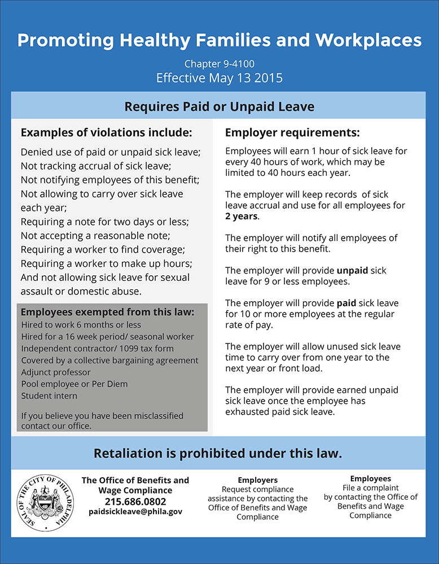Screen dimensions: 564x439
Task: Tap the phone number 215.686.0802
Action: pyautogui.click(x=135, y=501)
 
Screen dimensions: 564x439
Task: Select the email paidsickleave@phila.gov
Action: pyautogui.click(x=135, y=512)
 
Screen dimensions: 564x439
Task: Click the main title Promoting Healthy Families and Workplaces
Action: pyautogui.click(x=219, y=40)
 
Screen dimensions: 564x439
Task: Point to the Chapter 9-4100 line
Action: pyautogui.click(x=219, y=64)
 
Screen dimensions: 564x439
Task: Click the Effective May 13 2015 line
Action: pyautogui.click(x=219, y=77)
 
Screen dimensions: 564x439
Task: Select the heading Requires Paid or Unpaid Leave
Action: pyautogui.click(x=219, y=106)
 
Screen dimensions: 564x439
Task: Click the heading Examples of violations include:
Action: pyautogui.click(x=107, y=133)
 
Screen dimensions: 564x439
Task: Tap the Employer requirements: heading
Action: pyautogui.click(x=292, y=133)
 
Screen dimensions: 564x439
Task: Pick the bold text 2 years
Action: pyautogui.click(x=242, y=216)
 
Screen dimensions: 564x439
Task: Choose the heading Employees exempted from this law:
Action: pyautogui.click(x=107, y=312)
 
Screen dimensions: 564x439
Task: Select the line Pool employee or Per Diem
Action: pyautogui.click(x=74, y=384)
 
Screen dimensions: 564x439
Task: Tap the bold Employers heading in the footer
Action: pyautogui.click(x=257, y=480)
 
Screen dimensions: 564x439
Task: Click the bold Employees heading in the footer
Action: pyautogui.click(x=370, y=478)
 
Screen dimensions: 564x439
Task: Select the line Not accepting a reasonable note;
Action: pyautogui.click(x=94, y=235)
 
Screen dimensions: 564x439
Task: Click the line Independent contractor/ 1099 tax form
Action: pyautogui.click(x=98, y=349)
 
